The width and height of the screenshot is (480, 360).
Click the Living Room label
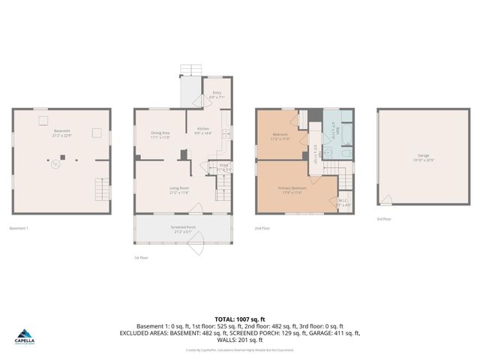(x=178, y=190)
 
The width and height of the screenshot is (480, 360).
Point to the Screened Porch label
(x=182, y=229)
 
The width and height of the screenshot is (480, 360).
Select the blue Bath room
(x=337, y=129)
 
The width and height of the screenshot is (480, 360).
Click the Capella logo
(x=25, y=337)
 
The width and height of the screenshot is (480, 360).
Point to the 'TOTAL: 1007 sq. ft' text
(x=239, y=319)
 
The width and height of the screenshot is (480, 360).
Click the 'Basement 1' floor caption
(x=19, y=228)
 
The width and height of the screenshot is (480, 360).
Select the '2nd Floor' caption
(x=262, y=228)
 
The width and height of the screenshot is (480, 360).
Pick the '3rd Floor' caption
(x=383, y=219)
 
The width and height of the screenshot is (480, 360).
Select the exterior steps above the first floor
(x=190, y=70)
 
